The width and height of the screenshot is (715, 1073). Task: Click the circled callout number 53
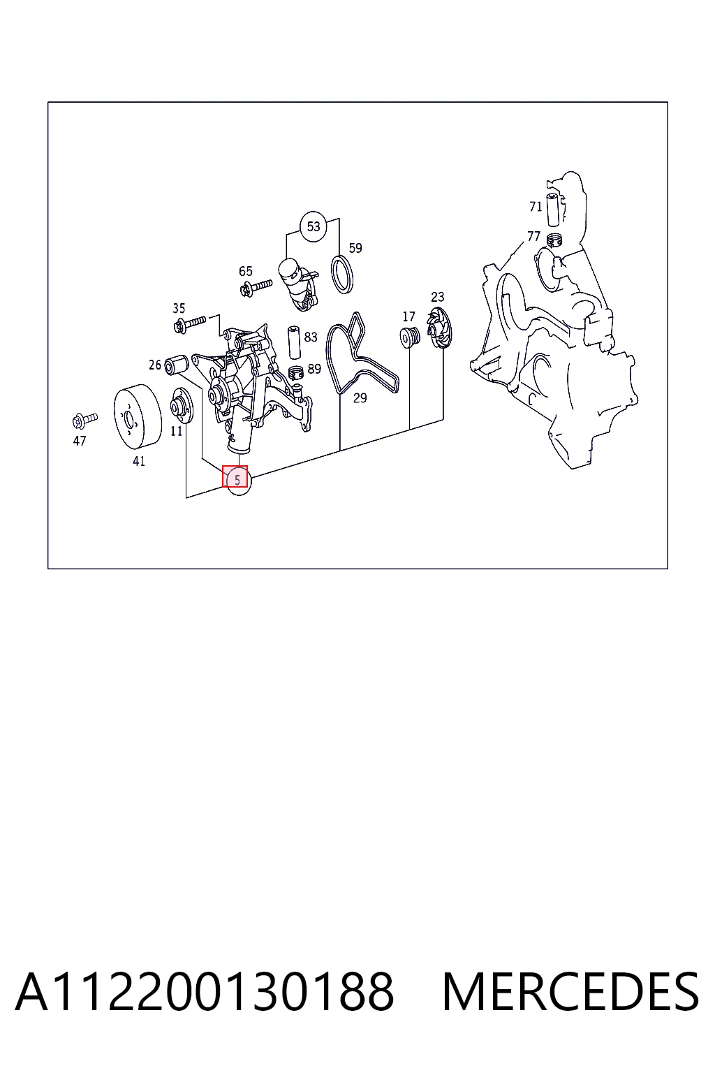pos(313,226)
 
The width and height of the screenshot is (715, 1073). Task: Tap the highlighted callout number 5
pos(238,480)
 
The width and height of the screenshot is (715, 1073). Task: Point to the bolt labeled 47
pos(84,420)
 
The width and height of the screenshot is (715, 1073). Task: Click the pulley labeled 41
pos(138,417)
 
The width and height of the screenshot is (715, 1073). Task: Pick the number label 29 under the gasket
pos(360,398)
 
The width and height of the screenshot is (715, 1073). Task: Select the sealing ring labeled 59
pos(342,275)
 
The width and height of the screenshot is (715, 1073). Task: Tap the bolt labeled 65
pos(256,287)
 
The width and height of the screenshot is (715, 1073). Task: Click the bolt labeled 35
pos(189,324)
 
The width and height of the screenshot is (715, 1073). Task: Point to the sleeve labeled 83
pos(293,342)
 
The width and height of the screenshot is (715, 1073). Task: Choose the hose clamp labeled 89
pos(296,372)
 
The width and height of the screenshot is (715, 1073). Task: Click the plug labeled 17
pos(410,337)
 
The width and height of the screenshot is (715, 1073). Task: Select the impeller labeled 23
pos(439,327)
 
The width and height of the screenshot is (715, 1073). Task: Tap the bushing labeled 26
pos(176,365)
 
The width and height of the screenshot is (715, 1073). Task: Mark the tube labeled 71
pos(554,210)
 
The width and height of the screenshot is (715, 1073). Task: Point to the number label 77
pos(533,236)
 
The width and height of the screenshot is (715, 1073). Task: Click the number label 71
pos(536,207)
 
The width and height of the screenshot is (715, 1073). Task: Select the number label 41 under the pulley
pos(139,461)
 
